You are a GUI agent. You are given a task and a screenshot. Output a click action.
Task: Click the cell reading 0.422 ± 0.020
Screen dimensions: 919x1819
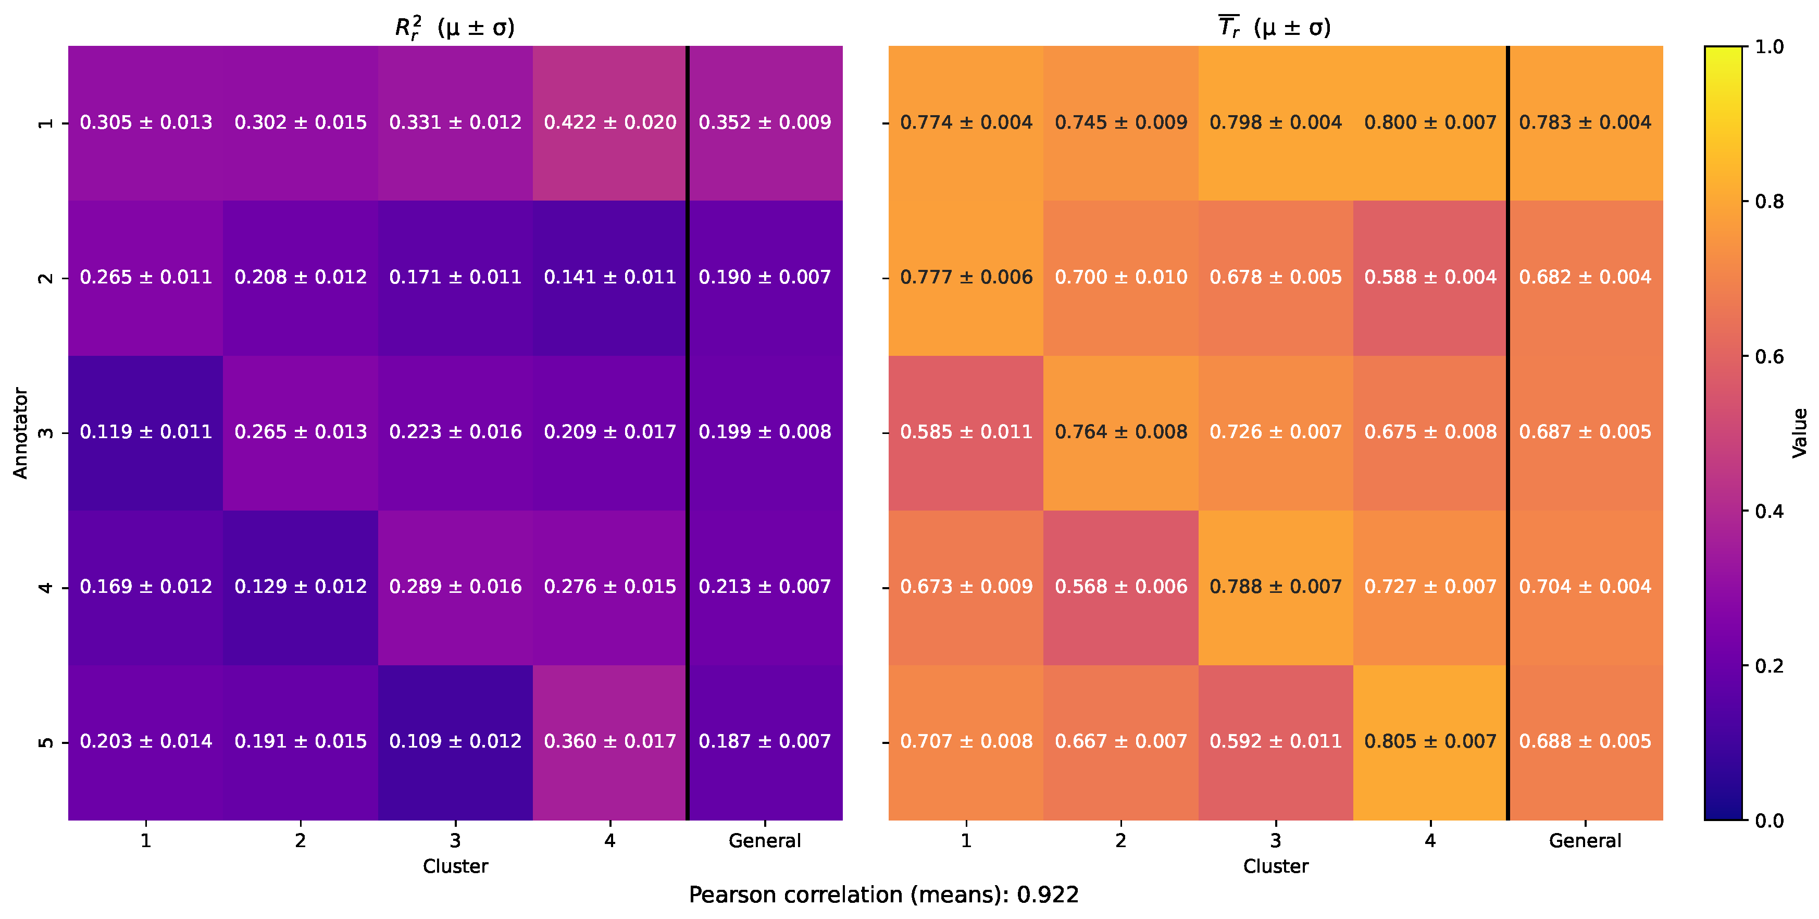point(609,122)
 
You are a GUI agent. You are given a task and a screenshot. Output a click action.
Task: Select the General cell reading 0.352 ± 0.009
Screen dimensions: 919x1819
point(765,122)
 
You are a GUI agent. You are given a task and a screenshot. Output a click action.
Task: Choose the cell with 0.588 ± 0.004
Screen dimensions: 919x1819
point(1430,277)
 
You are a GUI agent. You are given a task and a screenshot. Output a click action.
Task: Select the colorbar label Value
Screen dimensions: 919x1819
point(1799,432)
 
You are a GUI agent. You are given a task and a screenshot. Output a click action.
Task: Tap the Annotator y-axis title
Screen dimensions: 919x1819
point(20,432)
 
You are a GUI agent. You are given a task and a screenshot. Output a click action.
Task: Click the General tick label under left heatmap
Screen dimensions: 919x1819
point(765,840)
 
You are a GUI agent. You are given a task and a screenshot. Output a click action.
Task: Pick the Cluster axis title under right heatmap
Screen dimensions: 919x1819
point(1275,866)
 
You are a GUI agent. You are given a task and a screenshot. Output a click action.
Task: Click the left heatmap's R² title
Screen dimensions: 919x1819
point(455,28)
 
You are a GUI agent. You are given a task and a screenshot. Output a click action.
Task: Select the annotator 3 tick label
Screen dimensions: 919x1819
point(45,432)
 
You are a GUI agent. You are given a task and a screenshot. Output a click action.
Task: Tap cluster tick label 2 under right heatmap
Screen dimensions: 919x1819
point(1120,840)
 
